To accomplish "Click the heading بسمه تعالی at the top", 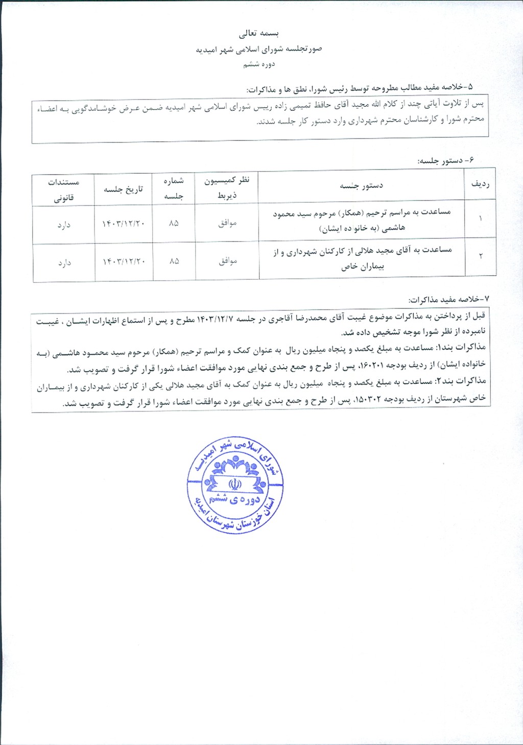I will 259,34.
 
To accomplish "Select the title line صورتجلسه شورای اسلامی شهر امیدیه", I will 259,50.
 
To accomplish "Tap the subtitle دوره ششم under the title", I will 259,64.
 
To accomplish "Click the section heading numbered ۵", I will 360,88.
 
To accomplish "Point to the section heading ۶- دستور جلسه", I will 445,160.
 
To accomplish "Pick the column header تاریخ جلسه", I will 124,189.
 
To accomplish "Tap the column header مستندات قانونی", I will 63,189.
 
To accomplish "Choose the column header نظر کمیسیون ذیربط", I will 227,187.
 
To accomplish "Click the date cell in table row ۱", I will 124,224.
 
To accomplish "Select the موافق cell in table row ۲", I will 227,261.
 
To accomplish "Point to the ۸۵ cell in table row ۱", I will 174,223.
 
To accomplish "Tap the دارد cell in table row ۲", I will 64,263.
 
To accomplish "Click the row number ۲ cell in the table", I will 481,256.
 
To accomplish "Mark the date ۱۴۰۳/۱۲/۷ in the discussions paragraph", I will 215,319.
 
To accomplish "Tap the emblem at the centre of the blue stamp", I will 234,483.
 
